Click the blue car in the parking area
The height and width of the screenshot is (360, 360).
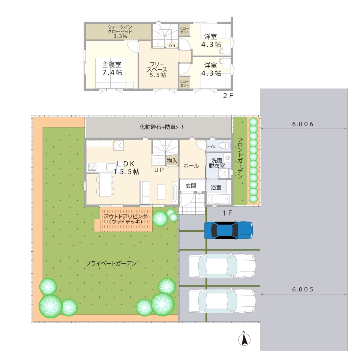point(228,230)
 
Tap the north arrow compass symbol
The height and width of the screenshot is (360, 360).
point(244,339)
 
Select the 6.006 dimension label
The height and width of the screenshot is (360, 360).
point(303,124)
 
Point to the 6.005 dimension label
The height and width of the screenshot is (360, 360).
point(303,289)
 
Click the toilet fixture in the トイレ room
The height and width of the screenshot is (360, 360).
point(225,145)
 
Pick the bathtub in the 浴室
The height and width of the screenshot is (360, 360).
point(219,199)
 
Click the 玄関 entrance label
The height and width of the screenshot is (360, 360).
point(191,186)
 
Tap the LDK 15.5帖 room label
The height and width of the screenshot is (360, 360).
point(126,168)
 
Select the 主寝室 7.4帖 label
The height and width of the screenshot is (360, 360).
point(112,68)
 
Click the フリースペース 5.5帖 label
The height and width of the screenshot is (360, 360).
point(157,70)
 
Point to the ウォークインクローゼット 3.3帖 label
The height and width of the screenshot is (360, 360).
point(120,31)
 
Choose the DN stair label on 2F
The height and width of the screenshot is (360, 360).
point(172,46)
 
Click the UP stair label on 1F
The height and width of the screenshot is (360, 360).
point(159,170)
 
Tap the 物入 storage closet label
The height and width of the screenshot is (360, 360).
point(172,160)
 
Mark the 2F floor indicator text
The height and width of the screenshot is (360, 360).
point(228,96)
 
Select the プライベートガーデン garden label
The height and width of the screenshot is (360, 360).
point(111,263)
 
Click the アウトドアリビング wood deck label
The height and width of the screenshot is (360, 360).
point(125,219)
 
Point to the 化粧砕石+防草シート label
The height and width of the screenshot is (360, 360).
point(162,127)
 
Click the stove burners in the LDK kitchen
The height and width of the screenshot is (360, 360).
point(93,167)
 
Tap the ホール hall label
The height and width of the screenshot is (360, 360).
point(191,166)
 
